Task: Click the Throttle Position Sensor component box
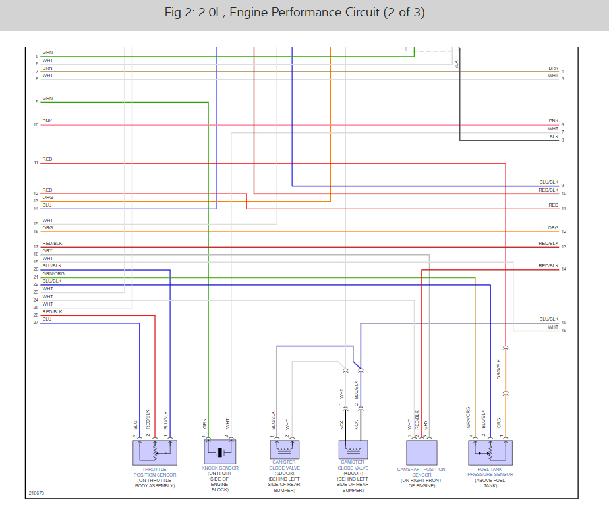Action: [x=154, y=452]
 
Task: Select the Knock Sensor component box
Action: [x=220, y=452]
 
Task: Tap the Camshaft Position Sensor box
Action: [x=421, y=452]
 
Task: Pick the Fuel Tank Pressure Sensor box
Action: [x=490, y=452]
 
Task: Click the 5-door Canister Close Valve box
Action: [x=285, y=449]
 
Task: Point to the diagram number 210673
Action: [x=36, y=493]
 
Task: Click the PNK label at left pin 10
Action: [x=47, y=121]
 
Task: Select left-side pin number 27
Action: [x=36, y=323]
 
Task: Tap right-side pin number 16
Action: [x=564, y=330]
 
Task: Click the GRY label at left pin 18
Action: [x=47, y=250]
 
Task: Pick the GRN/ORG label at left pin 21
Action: [x=53, y=273]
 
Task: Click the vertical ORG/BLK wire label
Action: [x=499, y=369]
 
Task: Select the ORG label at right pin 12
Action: [x=553, y=227]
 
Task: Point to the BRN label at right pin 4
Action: [x=553, y=68]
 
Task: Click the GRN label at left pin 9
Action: [x=47, y=98]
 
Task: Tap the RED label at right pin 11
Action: [x=553, y=205]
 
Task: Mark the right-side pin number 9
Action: [x=563, y=186]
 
